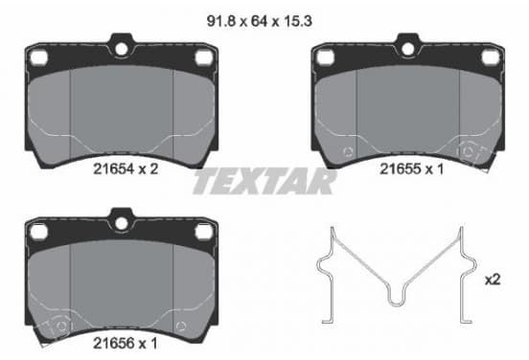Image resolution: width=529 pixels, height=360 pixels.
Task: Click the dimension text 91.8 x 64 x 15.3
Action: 259,21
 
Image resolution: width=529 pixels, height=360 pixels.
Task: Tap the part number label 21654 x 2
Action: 126,169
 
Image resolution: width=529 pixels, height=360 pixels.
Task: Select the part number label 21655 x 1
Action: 412,169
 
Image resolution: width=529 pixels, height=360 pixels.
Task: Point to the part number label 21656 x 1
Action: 126,344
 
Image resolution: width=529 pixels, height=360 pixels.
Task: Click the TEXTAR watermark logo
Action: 264,182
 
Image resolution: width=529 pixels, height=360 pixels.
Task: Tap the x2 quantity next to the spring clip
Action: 493,280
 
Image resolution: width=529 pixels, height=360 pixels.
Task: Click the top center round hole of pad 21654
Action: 122,49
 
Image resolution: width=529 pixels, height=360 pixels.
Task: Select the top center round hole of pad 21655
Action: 408,49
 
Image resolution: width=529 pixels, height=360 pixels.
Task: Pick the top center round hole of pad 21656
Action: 122,223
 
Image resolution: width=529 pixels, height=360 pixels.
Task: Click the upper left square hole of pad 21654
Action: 38,57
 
